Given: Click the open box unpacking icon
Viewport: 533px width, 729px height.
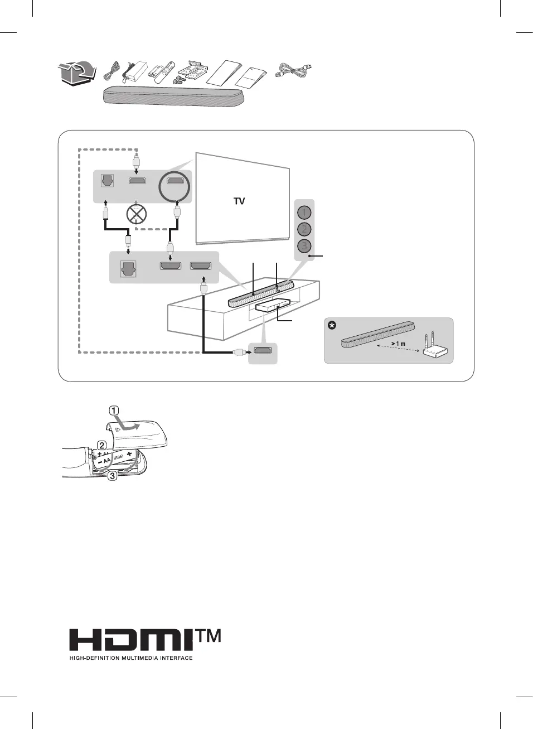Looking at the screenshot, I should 75,74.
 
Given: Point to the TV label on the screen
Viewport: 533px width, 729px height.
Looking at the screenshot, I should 239,201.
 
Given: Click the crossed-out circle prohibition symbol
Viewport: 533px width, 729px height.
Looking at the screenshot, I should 137,213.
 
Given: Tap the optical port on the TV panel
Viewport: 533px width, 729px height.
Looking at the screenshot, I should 106,181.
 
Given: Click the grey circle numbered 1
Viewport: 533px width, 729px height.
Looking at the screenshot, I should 304,213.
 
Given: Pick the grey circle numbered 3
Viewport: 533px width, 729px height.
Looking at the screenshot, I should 304,245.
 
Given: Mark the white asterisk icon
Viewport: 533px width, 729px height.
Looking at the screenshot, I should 332,325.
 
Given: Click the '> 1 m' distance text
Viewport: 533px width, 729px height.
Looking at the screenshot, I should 398,344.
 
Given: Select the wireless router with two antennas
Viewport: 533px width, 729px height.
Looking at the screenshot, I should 434,349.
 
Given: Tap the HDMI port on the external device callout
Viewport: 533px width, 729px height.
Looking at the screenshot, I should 263,351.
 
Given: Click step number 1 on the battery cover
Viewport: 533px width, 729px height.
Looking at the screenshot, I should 114,411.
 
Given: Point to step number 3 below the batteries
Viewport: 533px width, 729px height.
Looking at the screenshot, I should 112,476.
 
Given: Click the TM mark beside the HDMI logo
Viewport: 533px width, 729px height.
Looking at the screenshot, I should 209,636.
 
